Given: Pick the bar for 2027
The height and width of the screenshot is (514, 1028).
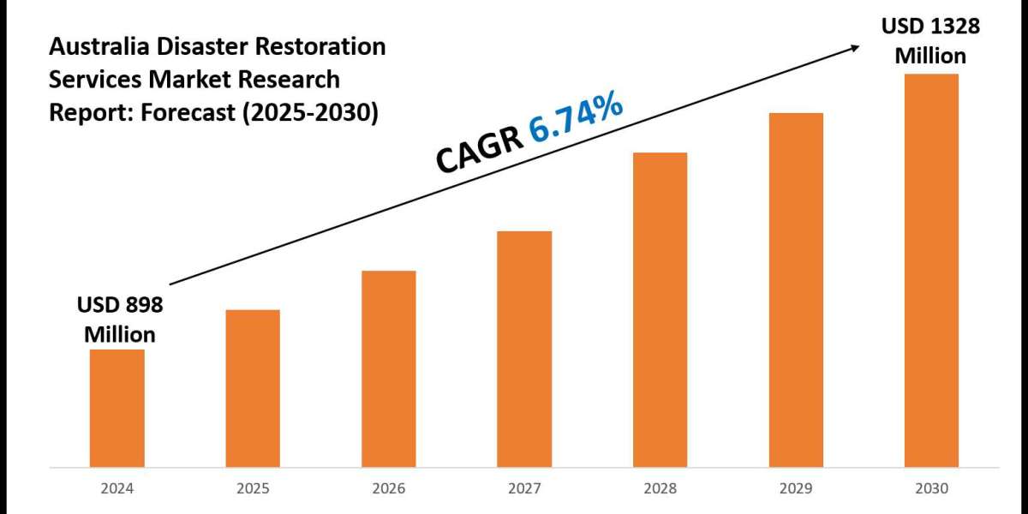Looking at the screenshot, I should [x=524, y=349].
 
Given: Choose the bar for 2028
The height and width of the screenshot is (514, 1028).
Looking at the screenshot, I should [x=660, y=309].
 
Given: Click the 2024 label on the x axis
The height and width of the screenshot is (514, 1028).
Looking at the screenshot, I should [x=117, y=490].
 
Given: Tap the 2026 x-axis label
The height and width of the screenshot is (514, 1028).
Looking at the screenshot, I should [x=388, y=490].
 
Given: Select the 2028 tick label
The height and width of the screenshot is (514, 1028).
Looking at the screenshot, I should [x=660, y=490].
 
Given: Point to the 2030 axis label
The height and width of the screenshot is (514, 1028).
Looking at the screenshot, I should [x=931, y=490].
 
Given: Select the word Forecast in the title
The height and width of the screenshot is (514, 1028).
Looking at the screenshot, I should [x=181, y=113].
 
